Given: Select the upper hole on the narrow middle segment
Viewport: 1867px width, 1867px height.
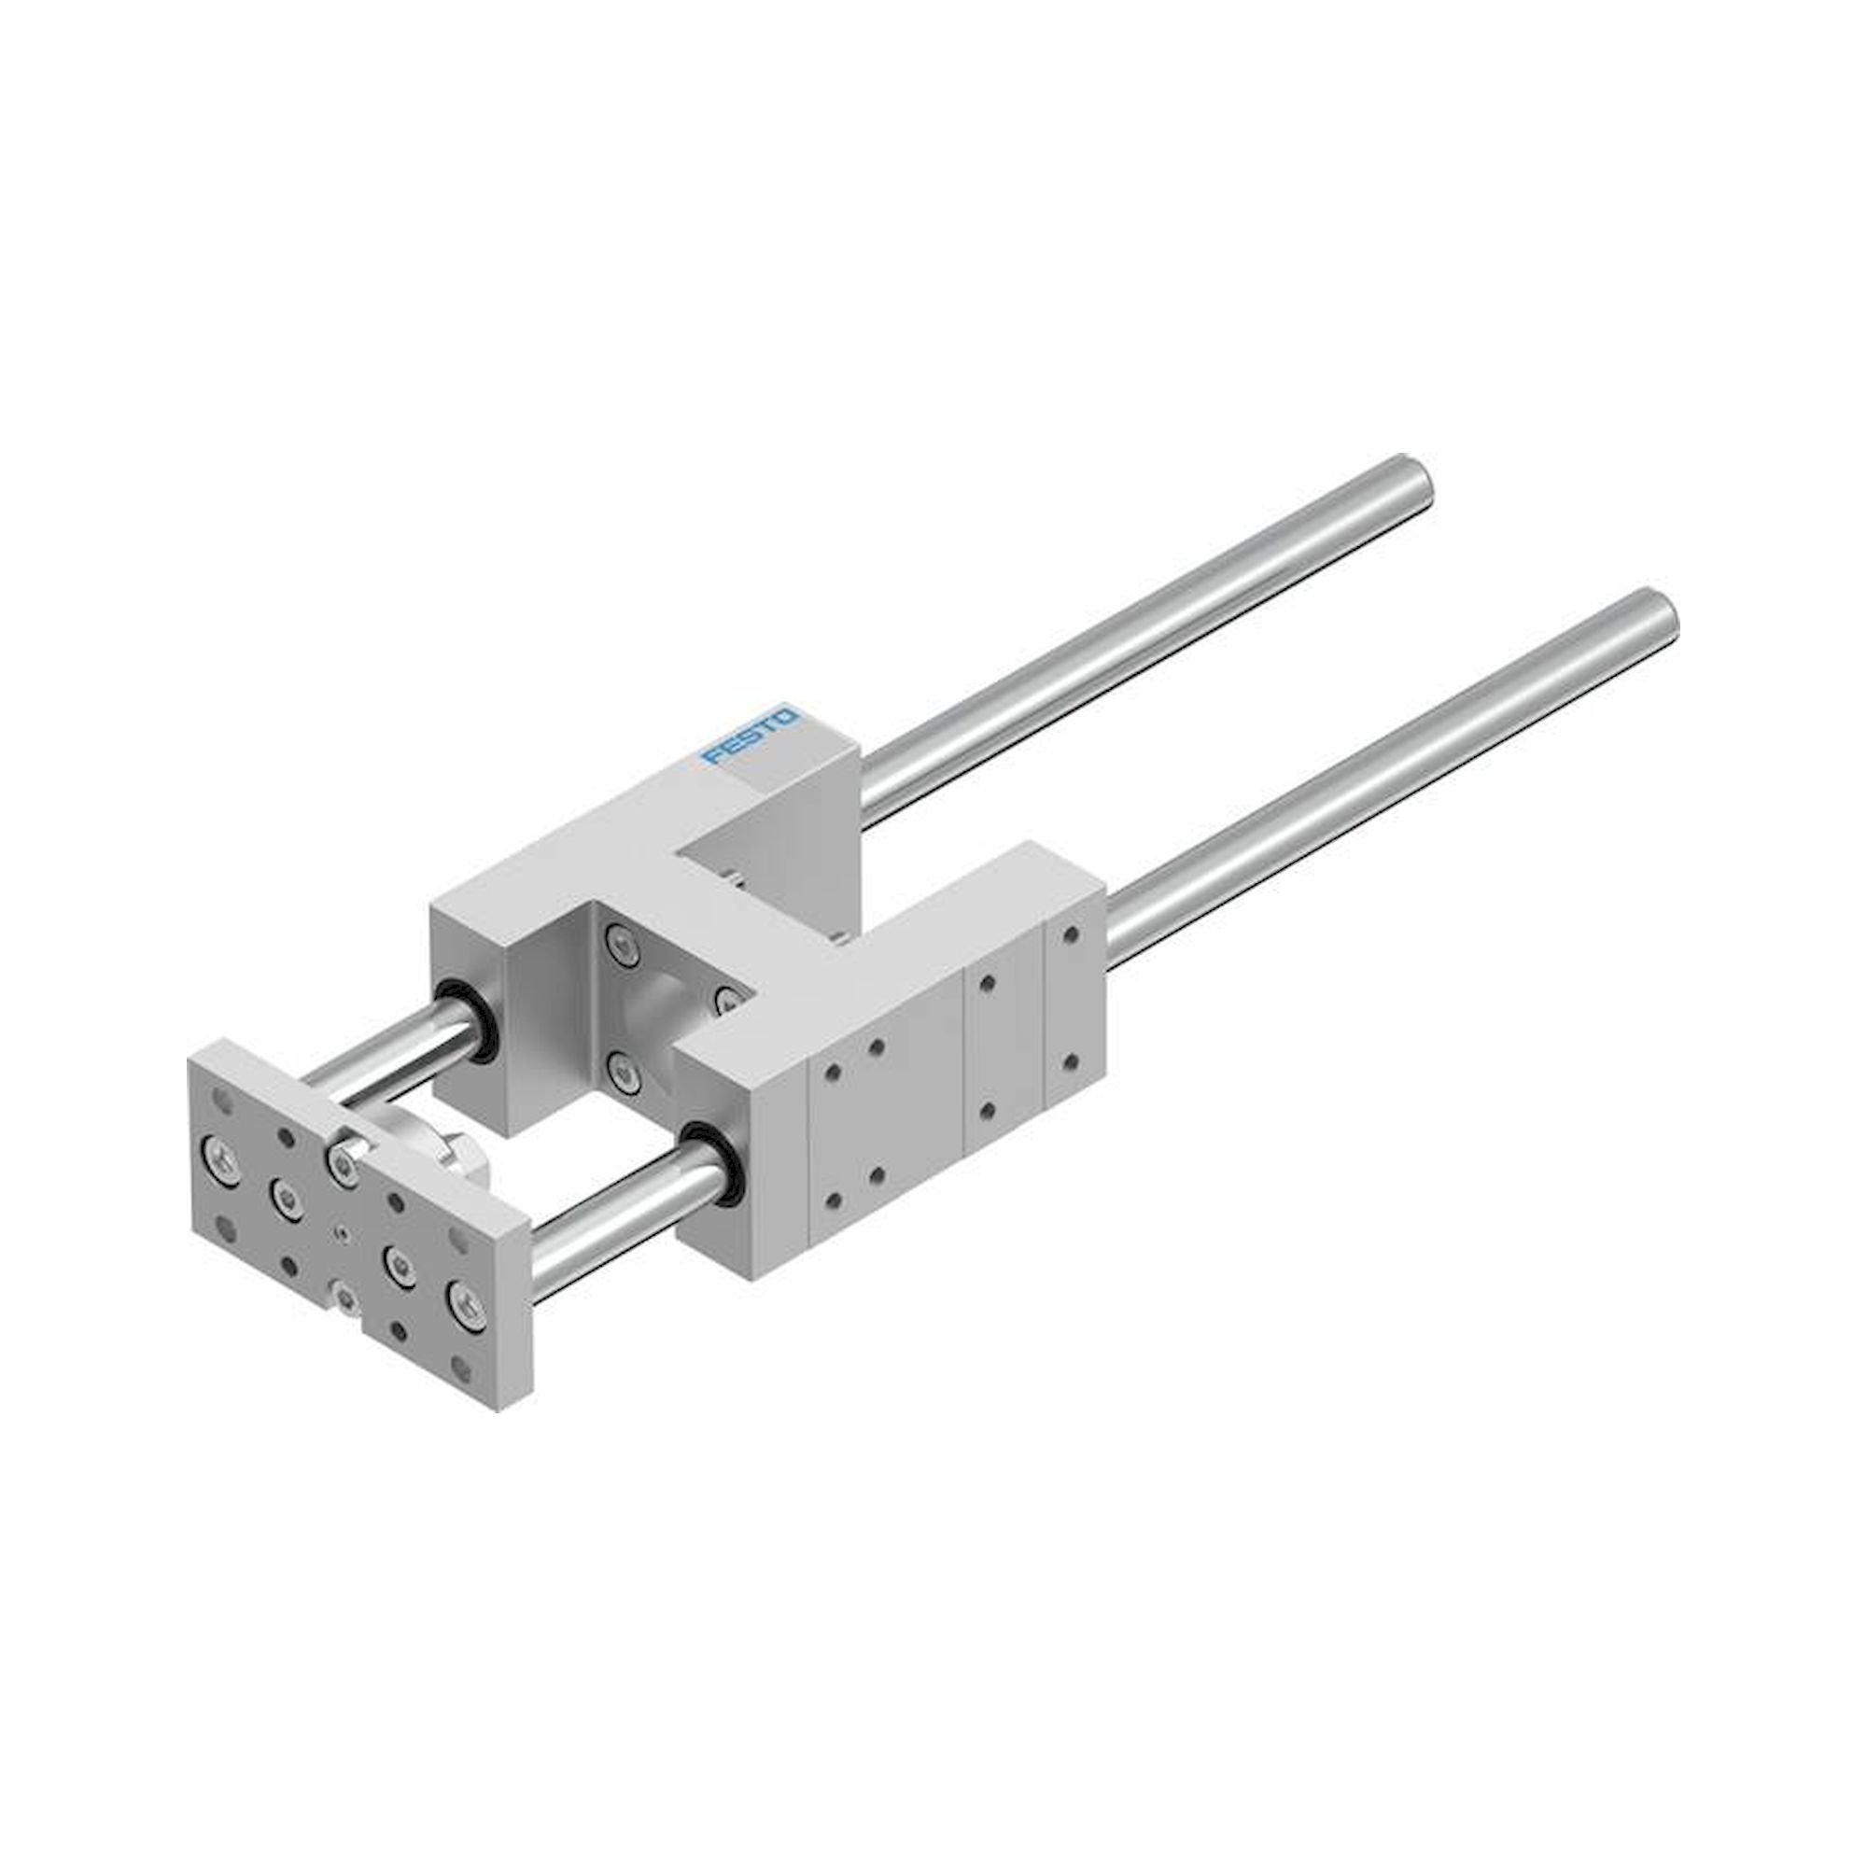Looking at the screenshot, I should pos(986,984).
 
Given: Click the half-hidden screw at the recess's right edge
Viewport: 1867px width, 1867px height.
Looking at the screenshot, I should pos(726,997).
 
